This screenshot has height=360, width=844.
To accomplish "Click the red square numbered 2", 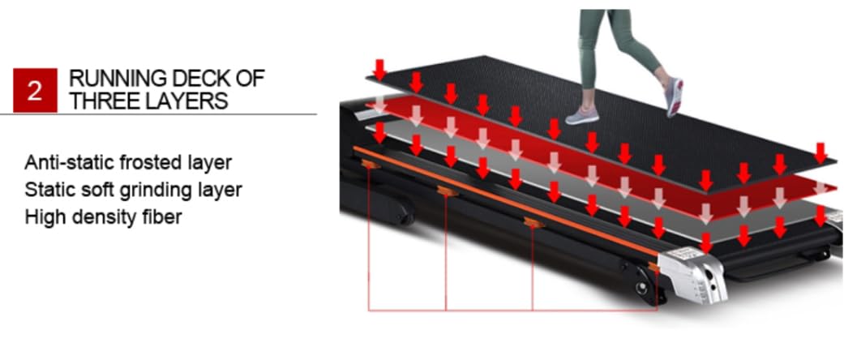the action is click(x=35, y=90).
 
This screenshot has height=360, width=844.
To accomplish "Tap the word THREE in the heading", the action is click(x=103, y=101).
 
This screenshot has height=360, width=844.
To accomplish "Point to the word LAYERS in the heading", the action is click(x=185, y=101).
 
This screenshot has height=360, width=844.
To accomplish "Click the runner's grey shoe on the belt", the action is click(x=582, y=114).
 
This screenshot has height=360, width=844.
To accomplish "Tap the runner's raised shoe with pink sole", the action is click(x=675, y=96).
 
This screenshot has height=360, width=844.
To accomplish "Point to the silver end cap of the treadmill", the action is click(x=692, y=274).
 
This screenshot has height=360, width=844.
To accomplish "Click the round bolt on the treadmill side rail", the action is click(x=641, y=287).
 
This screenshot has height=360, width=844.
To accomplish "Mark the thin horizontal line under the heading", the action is click(x=158, y=114).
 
